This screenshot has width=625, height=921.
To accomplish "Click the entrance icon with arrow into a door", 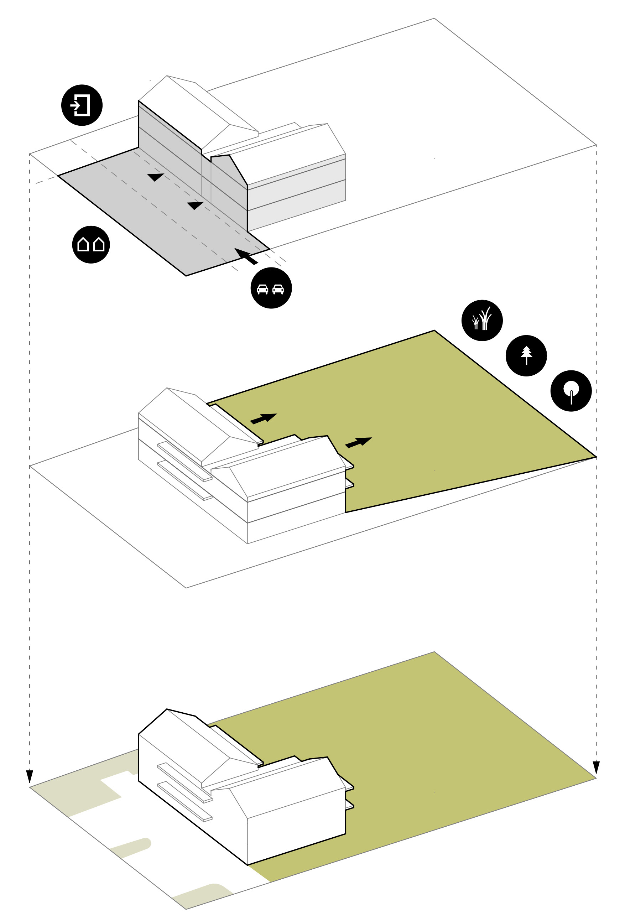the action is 82,105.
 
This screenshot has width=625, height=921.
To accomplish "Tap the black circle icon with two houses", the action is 91,245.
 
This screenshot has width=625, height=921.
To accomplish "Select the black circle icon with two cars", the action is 271,288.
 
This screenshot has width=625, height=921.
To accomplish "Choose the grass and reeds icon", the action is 482,320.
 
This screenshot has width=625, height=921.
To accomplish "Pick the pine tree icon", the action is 526,355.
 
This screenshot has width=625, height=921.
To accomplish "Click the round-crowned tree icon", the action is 571,391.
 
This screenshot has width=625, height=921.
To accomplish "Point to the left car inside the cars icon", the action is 262,289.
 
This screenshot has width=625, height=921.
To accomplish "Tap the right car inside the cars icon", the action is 278,289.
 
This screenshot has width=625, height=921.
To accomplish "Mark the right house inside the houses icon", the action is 99,245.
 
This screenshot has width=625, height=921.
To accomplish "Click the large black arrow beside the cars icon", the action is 246,256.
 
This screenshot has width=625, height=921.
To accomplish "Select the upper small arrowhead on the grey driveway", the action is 156,177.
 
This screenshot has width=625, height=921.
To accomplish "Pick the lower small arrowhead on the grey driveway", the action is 195,205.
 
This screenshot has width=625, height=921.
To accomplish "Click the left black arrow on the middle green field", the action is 264,418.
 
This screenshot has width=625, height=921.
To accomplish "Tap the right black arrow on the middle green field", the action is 359,442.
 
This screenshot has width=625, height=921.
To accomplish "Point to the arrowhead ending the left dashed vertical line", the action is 29,776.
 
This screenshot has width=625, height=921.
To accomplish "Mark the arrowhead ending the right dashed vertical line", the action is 596,767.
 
